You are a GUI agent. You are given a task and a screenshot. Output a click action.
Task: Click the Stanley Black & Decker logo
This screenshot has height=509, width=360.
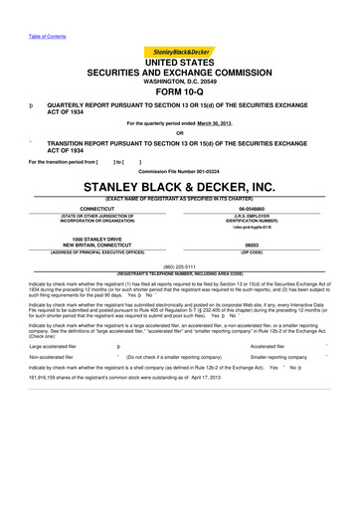tap(180, 51)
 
